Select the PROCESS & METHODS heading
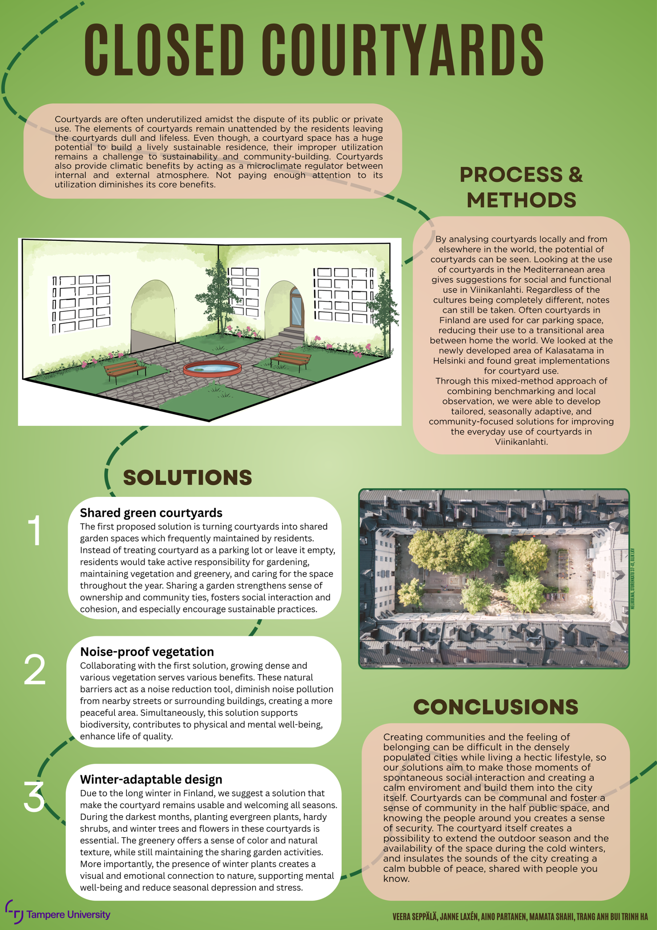point(521,187)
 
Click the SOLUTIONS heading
point(187,478)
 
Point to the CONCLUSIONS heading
point(495,707)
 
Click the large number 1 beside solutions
point(36,531)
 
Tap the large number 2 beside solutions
point(35,670)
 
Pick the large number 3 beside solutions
point(34,797)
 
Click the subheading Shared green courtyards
point(151,513)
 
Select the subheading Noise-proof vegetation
point(147,652)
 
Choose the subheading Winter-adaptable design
point(151,779)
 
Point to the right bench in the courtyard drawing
point(291,360)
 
